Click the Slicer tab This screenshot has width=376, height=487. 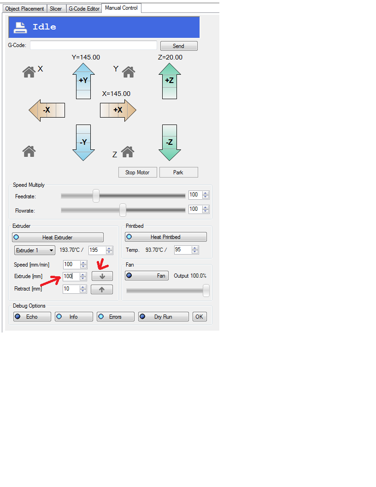pyautogui.click(x=56, y=9)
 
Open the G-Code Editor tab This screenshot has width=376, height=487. pyautogui.click(x=84, y=9)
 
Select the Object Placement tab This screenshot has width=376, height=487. pyautogui.click(x=24, y=9)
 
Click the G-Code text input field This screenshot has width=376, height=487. pyautogui.click(x=94, y=45)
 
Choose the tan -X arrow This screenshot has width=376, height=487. pyautogui.click(x=47, y=110)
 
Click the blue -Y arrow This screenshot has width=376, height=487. pyautogui.click(x=83, y=142)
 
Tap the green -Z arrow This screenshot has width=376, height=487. pyautogui.click(x=170, y=142)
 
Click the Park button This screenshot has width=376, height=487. pyautogui.click(x=178, y=172)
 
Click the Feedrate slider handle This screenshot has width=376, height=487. pyautogui.click(x=96, y=196)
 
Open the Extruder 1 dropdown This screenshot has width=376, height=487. pyautogui.click(x=35, y=250)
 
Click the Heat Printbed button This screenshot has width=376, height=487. pyautogui.click(x=166, y=237)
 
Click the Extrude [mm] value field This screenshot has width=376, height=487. pyautogui.click(x=71, y=277)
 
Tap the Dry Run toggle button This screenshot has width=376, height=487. pyautogui.click(x=164, y=317)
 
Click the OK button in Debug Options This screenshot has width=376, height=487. pyautogui.click(x=199, y=317)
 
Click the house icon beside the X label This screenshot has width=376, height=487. pyautogui.click(x=29, y=71)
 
